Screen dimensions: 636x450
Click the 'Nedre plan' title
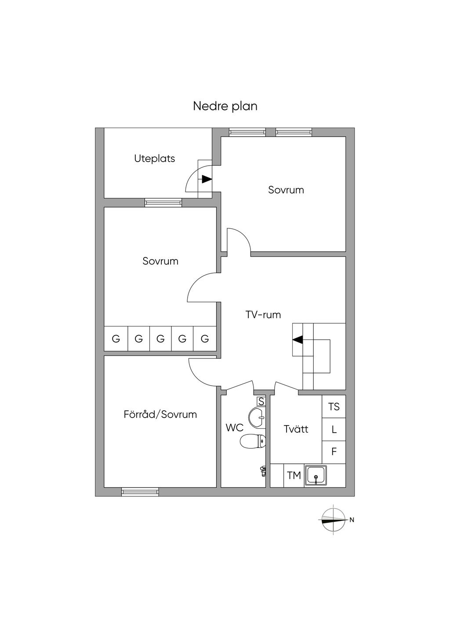225,106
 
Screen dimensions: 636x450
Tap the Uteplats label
155,159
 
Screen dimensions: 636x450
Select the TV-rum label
263,314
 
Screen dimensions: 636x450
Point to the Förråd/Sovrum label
160,414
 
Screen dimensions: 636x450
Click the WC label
234,427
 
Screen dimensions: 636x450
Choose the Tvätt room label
296,429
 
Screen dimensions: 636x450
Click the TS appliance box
334,407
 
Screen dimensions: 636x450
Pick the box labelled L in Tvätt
334,430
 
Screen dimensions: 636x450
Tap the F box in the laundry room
334,452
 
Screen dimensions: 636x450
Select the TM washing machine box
294,475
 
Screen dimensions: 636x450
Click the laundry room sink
316,476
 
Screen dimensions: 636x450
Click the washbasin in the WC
257,417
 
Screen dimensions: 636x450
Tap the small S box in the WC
261,401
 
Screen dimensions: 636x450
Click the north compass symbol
333,520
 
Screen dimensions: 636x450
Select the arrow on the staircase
298,340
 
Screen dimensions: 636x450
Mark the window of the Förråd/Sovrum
140,492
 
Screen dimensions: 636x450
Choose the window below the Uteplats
163,202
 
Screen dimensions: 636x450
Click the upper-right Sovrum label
286,190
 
